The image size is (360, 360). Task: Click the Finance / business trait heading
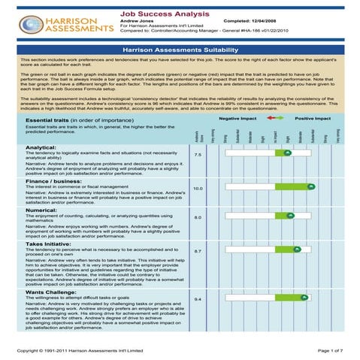54,181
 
